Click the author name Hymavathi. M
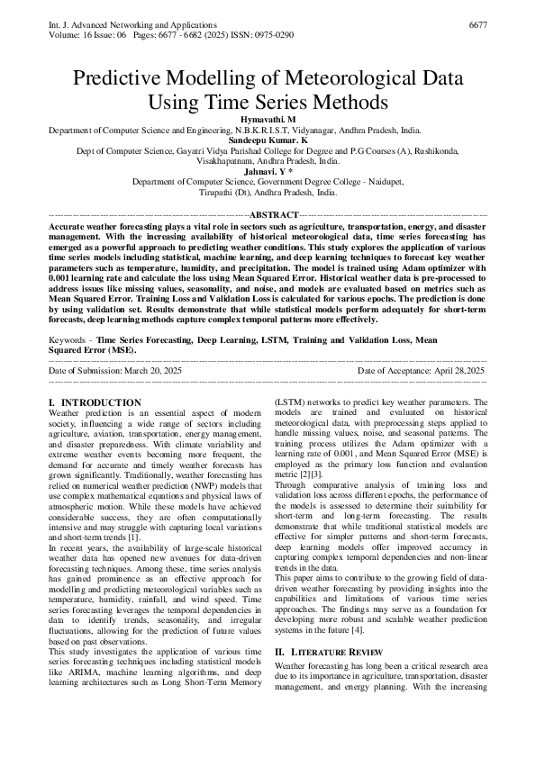(268, 120)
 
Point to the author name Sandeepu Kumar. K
(268, 141)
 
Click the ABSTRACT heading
(273, 214)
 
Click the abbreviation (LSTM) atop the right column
(290, 402)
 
